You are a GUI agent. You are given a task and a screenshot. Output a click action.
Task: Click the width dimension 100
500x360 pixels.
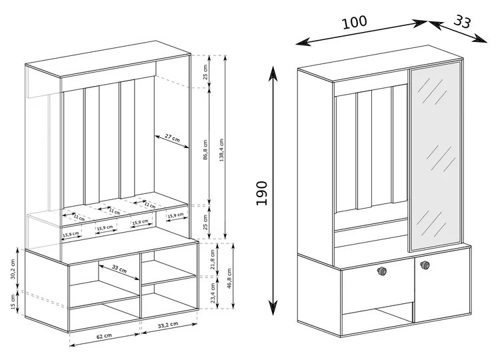pos(354,22)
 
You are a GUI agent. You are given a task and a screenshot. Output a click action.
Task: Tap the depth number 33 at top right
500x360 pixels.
pos(462,22)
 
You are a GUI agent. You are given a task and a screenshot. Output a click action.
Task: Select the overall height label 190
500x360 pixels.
pos(261,193)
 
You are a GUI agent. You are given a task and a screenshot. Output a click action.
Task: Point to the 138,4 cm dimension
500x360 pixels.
pos(221,150)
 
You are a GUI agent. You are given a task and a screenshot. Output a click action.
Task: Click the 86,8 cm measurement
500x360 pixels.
pos(205,149)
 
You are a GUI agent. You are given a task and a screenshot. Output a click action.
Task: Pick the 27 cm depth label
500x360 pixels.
pos(172,138)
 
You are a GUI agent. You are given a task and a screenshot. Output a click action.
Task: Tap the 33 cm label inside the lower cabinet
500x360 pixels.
pos(119,269)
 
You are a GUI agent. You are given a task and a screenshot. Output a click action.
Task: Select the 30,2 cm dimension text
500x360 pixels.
pos(13,269)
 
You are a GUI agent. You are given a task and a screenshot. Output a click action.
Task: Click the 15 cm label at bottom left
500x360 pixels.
pos(13,302)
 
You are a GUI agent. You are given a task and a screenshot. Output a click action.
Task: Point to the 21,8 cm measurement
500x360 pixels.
pos(213,259)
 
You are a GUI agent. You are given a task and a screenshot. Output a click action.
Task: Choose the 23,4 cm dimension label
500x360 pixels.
pos(213,293)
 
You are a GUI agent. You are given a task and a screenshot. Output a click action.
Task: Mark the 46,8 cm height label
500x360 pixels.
pos(229,279)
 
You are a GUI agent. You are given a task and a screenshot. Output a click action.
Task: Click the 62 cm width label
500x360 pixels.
pos(104,337)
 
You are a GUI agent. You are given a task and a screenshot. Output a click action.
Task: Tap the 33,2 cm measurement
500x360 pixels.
pos(168,325)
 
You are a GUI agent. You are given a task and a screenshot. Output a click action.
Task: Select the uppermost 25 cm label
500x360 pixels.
pos(205,72)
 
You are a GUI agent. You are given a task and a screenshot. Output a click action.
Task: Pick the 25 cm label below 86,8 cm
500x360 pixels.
pos(205,222)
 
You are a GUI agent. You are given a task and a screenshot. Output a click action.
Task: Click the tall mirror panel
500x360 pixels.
pos(435,155)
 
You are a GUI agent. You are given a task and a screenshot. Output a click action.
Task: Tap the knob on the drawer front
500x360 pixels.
pos(381,271)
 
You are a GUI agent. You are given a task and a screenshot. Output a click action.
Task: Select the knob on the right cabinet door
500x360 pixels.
pos(425,265)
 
